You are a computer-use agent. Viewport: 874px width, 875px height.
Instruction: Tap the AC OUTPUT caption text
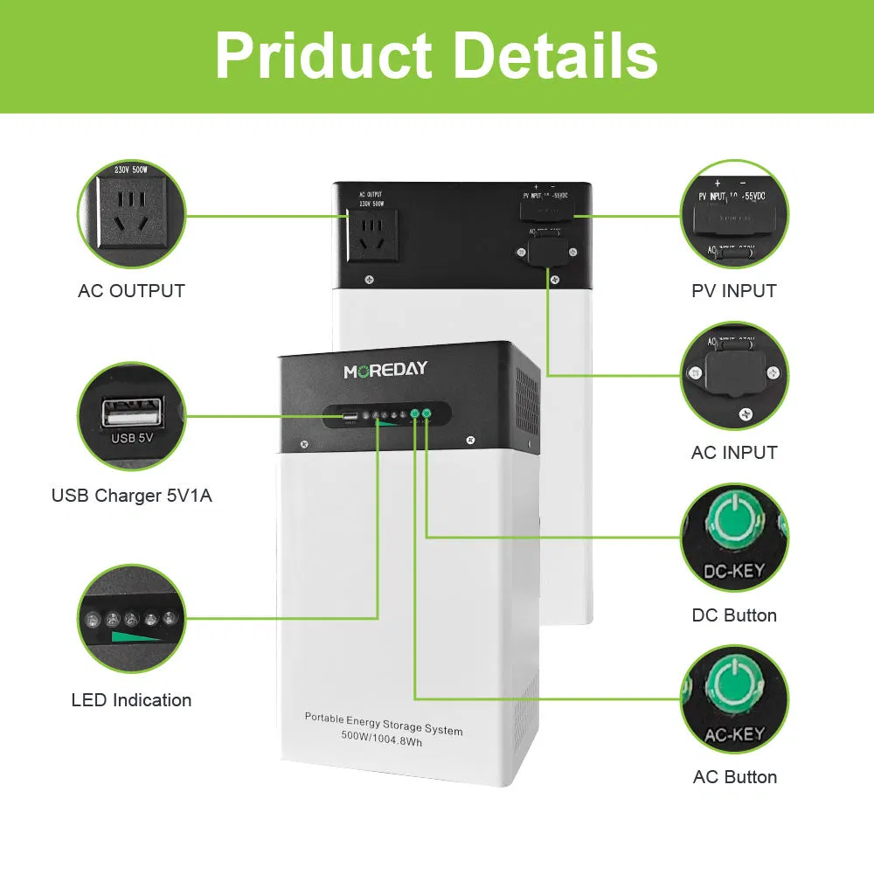[x=131, y=291]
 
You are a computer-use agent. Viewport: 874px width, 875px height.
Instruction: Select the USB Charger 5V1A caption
[x=131, y=496]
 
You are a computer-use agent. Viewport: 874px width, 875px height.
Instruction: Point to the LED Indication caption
[x=131, y=700]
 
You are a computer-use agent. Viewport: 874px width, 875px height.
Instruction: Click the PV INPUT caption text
[x=734, y=291]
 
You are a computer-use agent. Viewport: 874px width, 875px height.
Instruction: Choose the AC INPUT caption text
[x=734, y=453]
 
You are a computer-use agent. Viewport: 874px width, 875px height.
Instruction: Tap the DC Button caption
[x=734, y=615]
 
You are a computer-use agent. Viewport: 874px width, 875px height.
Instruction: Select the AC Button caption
[x=734, y=777]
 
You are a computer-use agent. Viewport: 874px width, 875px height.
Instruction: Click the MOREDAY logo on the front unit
[x=385, y=370]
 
